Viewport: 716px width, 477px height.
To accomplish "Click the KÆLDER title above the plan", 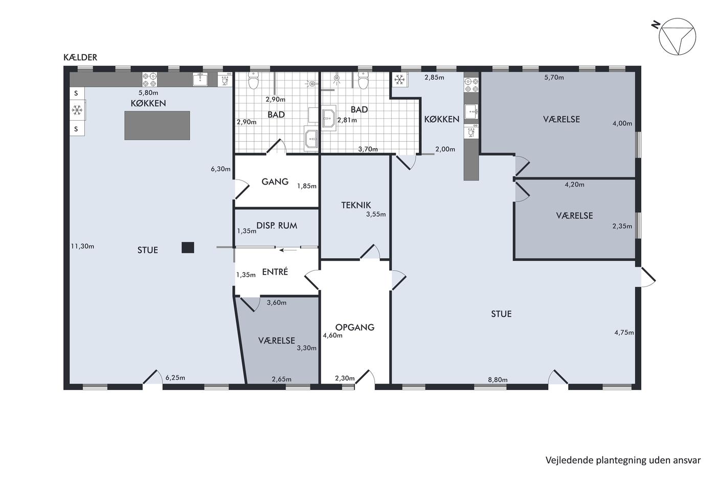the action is tap(80, 57).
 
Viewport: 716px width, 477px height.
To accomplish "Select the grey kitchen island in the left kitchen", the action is tap(158, 126).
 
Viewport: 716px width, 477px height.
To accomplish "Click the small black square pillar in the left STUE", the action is tap(188, 247).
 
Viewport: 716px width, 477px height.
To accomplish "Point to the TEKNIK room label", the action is tap(356, 205).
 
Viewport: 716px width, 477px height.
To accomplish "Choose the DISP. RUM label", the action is tap(277, 225).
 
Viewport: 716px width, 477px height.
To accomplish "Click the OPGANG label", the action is tap(355, 327).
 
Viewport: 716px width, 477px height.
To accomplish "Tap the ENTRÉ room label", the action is tap(275, 271).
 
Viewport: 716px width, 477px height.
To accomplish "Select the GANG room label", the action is tap(275, 181).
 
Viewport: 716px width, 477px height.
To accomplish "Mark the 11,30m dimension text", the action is tap(82, 246).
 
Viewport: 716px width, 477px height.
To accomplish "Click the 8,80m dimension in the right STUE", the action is tap(498, 380).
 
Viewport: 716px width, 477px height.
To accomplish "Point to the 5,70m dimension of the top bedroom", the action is tap(554, 77).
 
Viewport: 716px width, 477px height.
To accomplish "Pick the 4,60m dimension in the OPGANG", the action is tap(332, 335).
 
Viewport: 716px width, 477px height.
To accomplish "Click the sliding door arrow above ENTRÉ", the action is tap(288, 250).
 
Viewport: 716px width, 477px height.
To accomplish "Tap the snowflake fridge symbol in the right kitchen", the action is tap(399, 79).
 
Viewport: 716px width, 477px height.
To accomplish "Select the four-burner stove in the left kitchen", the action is tap(149, 80).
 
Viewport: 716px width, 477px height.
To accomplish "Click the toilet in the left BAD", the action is tap(254, 80).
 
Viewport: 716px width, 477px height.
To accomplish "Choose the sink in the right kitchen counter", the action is tap(471, 111).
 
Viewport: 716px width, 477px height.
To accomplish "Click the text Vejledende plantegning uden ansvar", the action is tap(623, 461).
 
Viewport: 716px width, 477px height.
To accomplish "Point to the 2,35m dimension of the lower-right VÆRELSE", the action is tap(622, 226).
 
